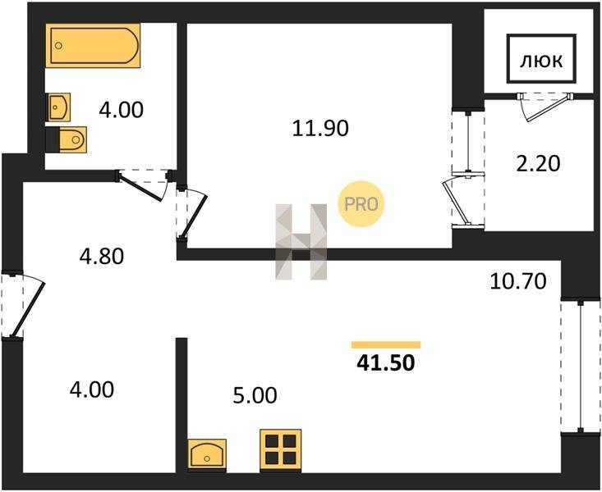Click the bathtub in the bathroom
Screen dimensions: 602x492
point(93,45)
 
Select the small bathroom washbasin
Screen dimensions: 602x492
point(59,107)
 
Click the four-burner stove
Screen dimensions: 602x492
point(281,450)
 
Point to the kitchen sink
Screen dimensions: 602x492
point(207,455)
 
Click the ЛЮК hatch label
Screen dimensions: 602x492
point(541,61)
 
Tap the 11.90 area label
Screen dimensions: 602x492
point(320,128)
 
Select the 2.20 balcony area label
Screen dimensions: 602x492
point(538,164)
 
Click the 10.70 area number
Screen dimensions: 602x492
point(518,281)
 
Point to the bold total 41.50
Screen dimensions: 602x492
point(386,362)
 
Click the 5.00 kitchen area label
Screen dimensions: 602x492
point(255,395)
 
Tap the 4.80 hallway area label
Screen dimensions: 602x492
point(102,257)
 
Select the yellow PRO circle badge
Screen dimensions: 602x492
point(361,204)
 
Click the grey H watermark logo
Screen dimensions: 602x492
point(301,242)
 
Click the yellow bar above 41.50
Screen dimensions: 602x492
point(386,344)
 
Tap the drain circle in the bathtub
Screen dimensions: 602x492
point(58,46)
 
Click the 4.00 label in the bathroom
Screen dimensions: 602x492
point(121,110)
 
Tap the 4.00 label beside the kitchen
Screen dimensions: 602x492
point(92,389)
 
